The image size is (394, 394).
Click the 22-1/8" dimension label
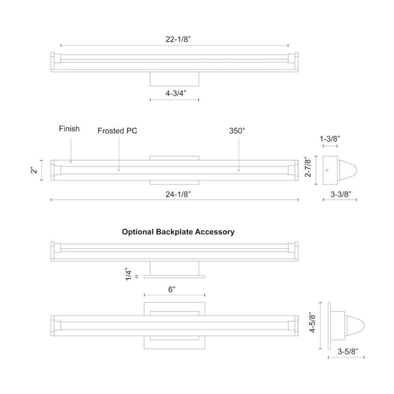coord(178,39)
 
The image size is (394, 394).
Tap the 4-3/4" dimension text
coord(176,93)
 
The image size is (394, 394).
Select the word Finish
coord(69,129)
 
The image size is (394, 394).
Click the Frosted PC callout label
coord(117,131)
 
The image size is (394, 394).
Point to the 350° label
coord(237,131)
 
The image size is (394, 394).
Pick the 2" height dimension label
coord(34,170)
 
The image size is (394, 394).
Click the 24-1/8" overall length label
coord(178,194)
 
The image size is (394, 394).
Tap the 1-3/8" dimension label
coord(329,138)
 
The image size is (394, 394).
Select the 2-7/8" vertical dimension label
coord(308,167)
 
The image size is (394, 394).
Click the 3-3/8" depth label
coord(340,194)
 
